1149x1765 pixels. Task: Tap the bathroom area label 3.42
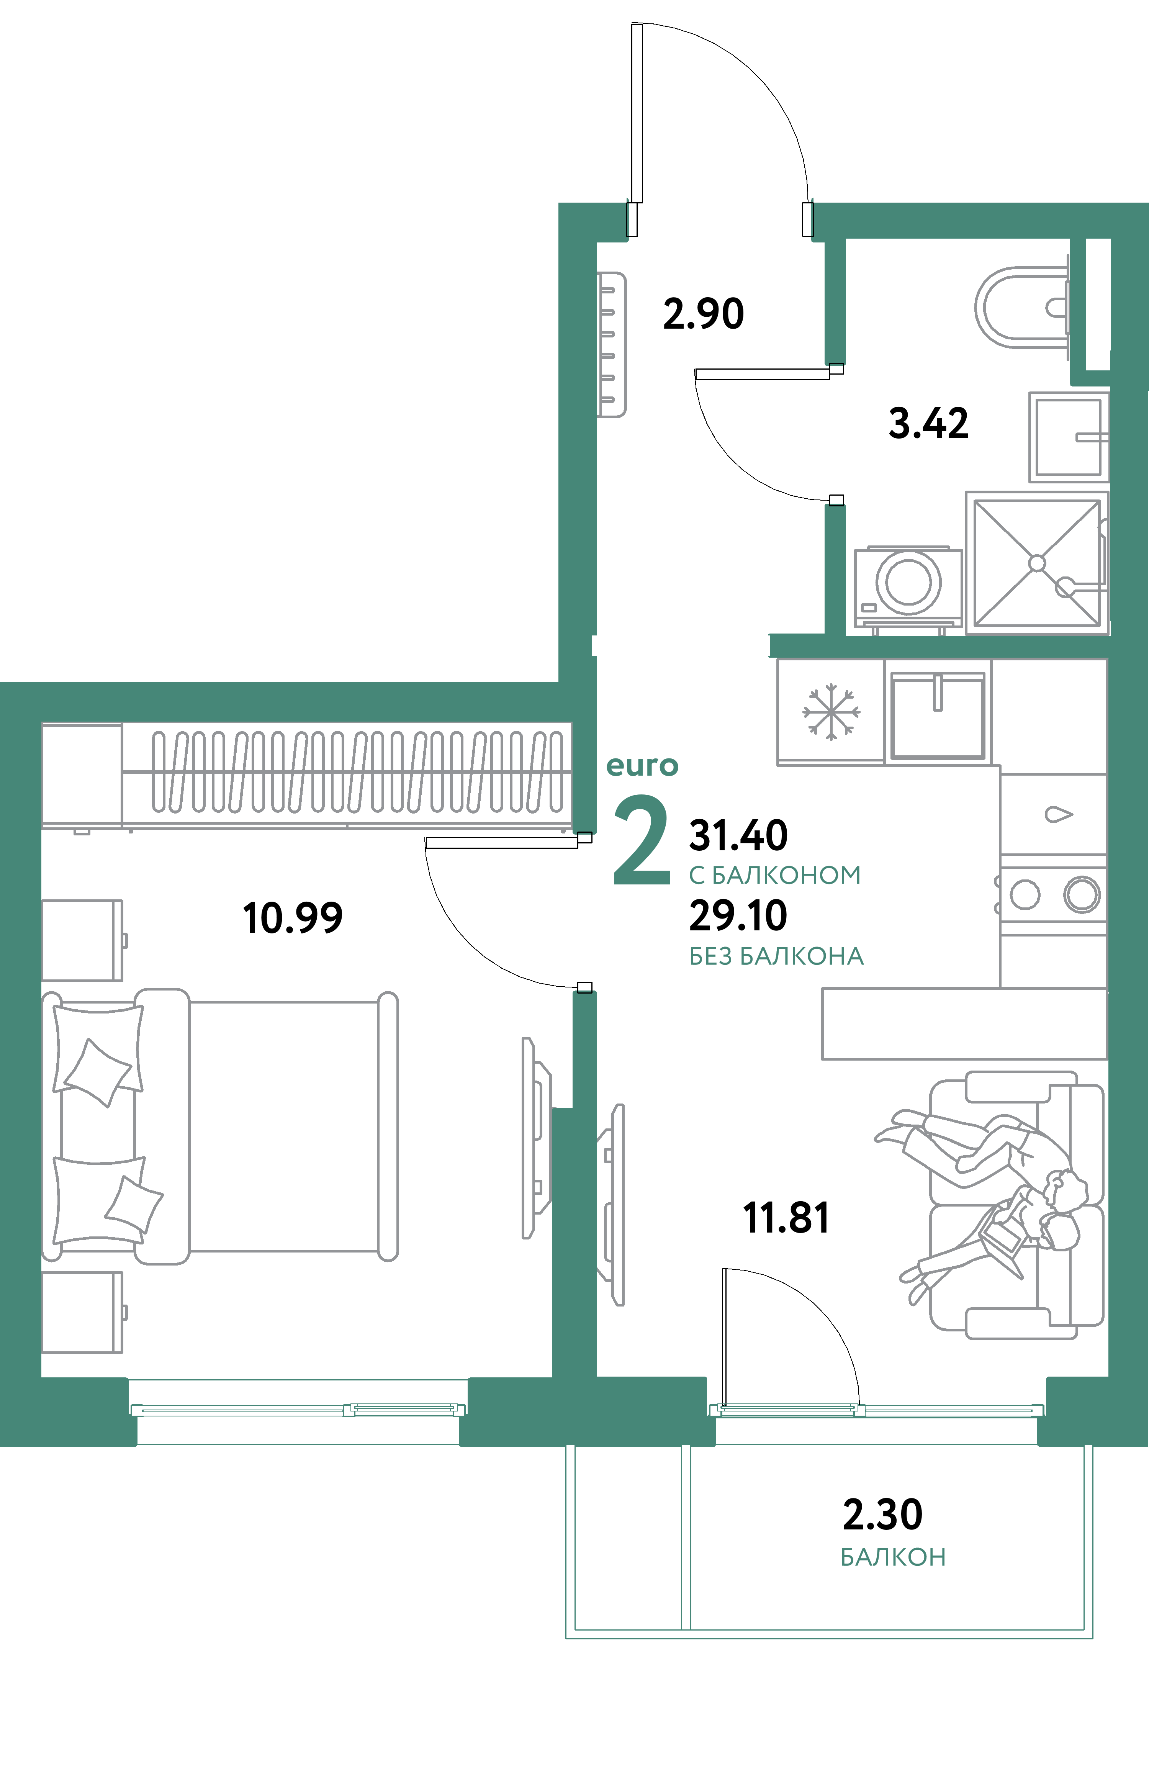(928, 424)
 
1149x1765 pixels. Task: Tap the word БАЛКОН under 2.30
(893, 1557)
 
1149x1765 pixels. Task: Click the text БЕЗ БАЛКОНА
(776, 957)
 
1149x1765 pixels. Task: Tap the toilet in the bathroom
(1020, 307)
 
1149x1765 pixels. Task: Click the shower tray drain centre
(1036, 563)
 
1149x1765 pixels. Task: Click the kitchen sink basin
(938, 715)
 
